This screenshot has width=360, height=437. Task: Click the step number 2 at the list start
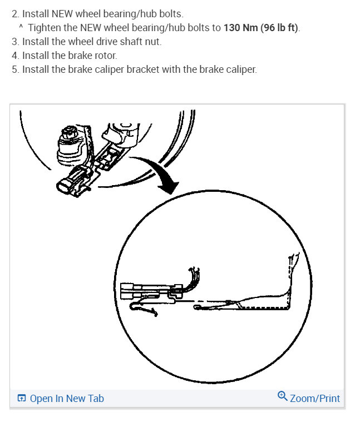point(14,13)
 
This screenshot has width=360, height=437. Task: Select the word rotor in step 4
point(105,56)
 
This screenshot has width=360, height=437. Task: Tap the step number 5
point(14,70)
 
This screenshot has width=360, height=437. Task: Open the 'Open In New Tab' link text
point(67,398)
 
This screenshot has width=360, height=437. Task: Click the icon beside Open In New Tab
point(22,398)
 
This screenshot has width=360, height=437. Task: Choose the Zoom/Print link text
point(315,398)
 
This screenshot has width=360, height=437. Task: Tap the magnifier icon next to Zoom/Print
point(282,396)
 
